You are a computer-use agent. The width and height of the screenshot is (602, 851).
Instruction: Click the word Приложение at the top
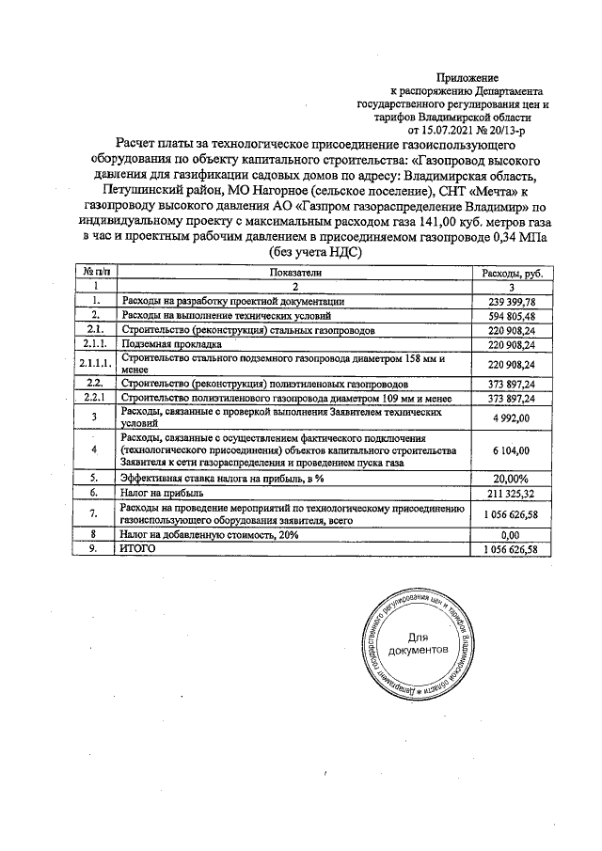point(467,76)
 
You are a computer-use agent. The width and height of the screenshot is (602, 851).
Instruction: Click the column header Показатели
point(293,271)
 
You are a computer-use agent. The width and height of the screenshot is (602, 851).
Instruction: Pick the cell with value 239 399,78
point(512,301)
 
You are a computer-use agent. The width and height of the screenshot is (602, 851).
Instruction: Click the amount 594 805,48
point(512,316)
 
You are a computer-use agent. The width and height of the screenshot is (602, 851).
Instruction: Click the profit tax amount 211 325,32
point(512,493)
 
